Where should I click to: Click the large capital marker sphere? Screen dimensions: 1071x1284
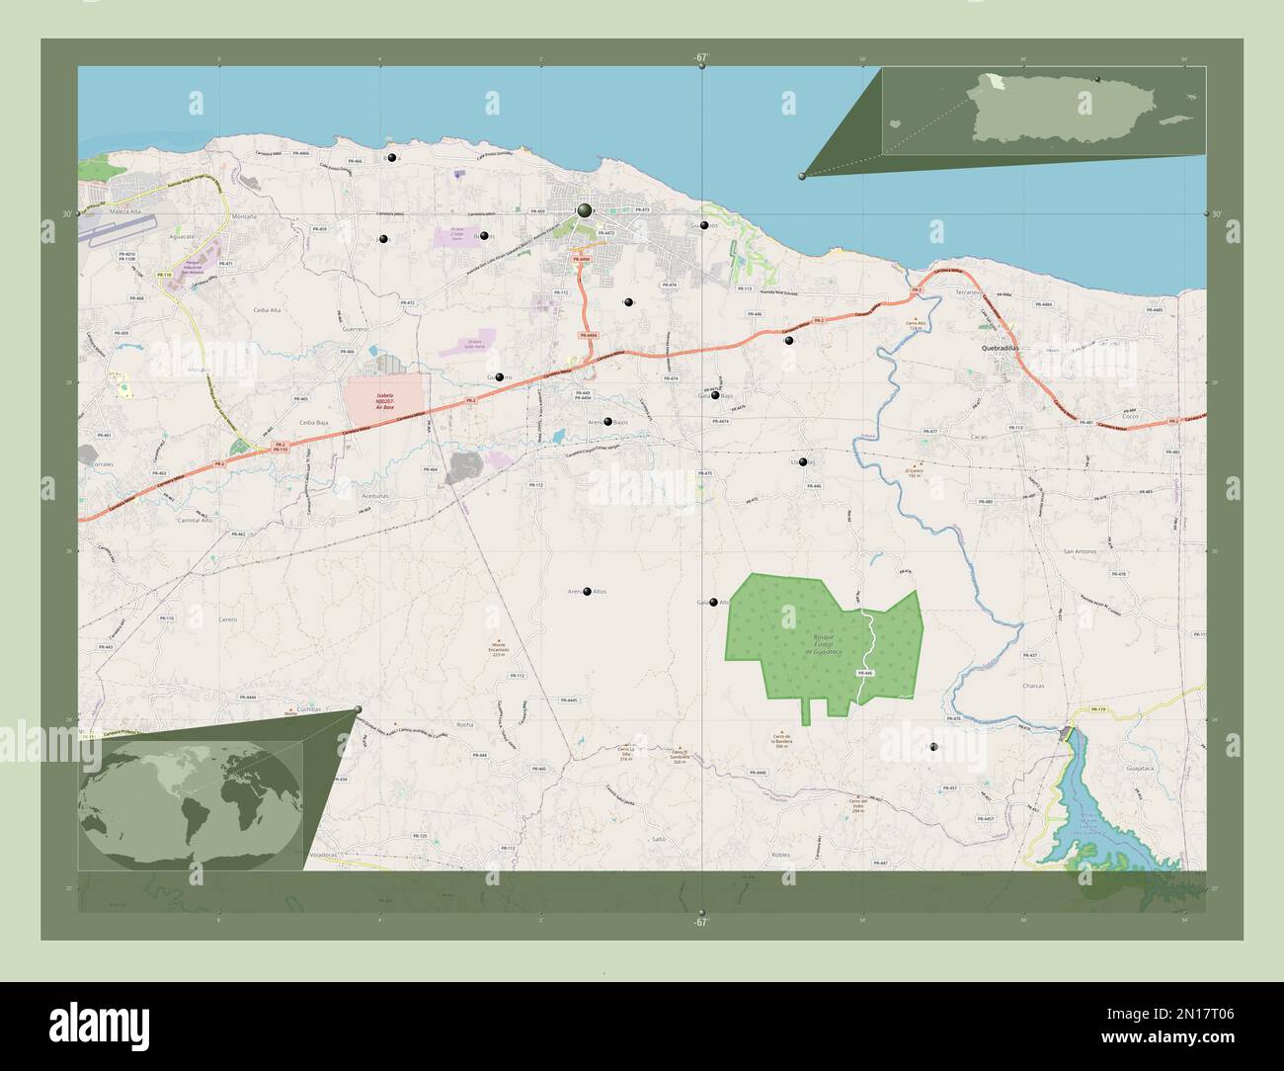pos(585,210)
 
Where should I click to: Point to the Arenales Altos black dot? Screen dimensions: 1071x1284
pos(588,592)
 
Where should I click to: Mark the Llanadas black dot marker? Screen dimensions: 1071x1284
pos(803,462)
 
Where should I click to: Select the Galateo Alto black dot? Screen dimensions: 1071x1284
pos(713,602)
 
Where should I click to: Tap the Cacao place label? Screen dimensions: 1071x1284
pos(980,435)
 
